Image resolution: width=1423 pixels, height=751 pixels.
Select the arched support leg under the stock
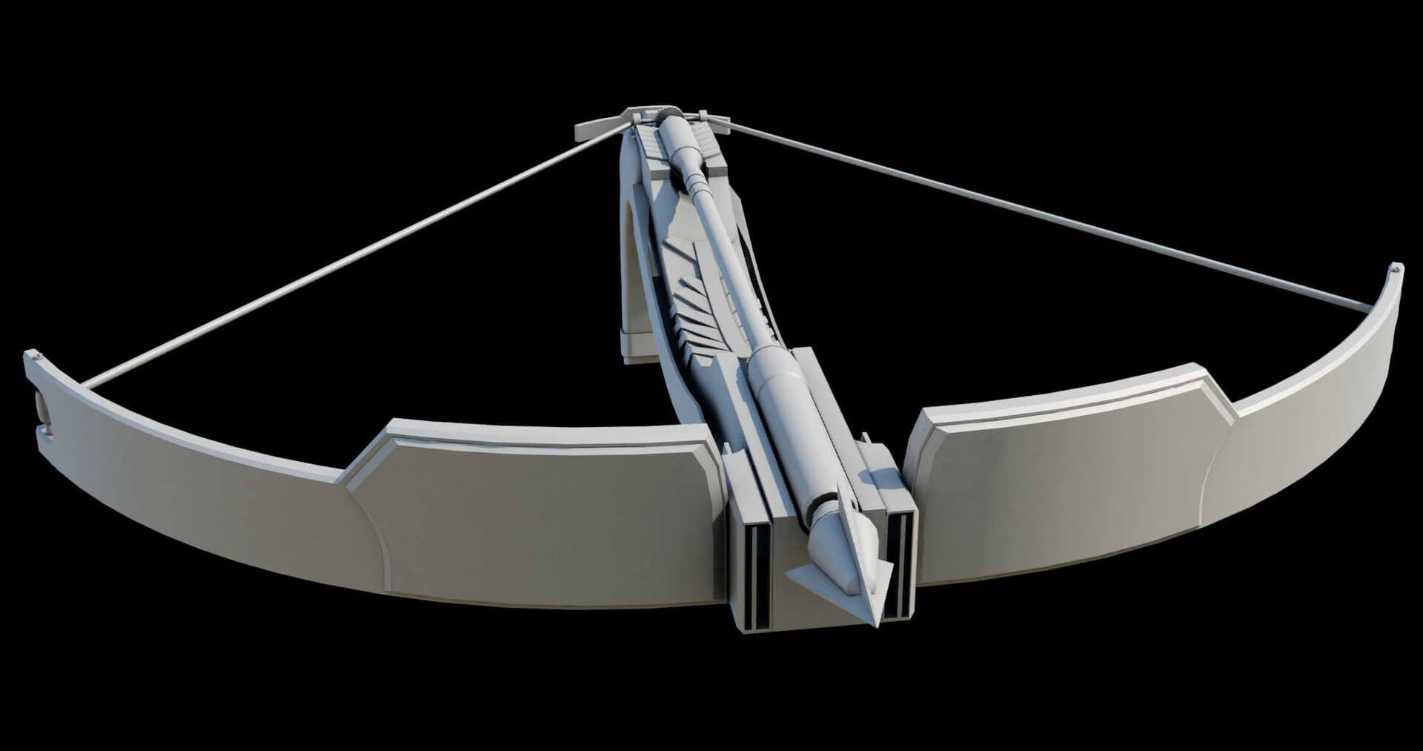coord(634,297)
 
